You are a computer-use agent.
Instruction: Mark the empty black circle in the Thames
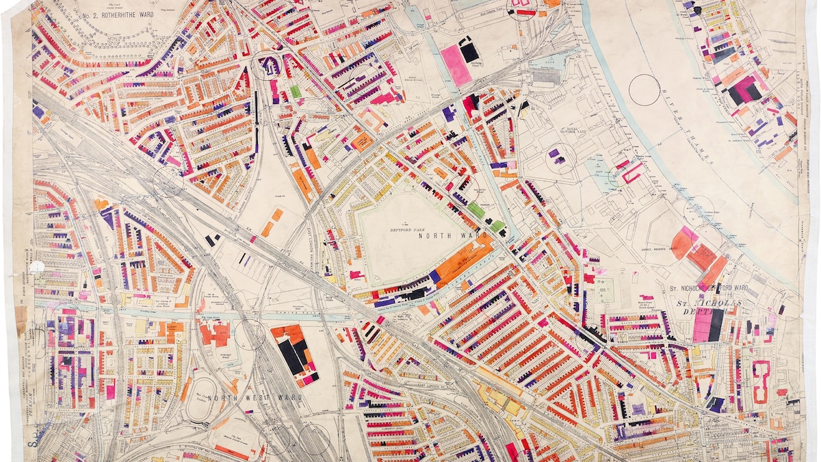[x=644, y=90]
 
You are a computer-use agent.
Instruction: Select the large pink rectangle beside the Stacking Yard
[x=456, y=65]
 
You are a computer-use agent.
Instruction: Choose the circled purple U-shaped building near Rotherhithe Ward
[x=268, y=67]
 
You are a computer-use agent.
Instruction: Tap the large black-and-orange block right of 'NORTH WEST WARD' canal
[x=294, y=352]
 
